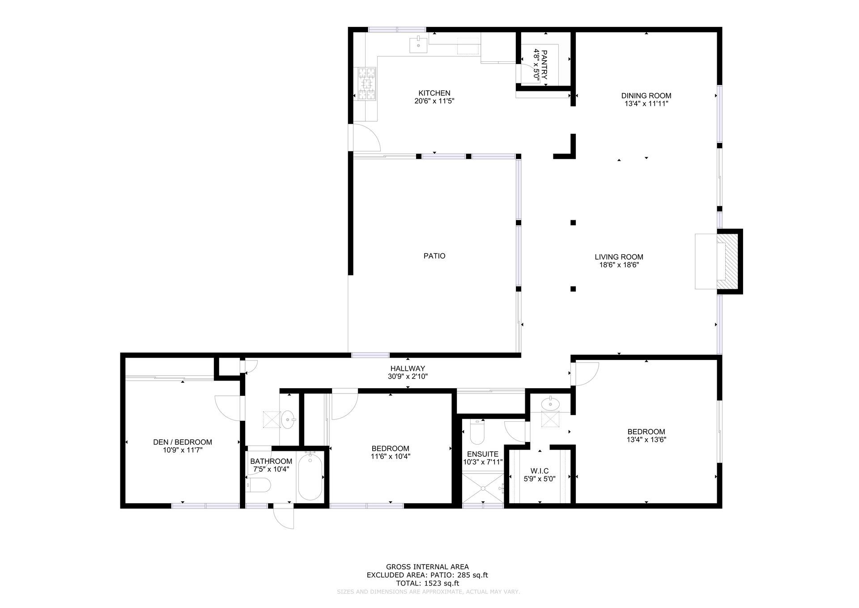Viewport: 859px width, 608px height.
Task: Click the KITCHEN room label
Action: [434, 93]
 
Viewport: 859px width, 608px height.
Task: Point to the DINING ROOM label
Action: [646, 95]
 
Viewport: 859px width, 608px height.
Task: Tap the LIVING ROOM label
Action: [619, 257]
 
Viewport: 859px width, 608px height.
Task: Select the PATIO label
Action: [434, 256]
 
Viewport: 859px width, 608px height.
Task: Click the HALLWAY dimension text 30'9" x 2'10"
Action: [408, 377]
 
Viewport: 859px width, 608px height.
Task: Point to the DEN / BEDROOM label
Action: [183, 442]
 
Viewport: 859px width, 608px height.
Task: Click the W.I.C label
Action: [539, 471]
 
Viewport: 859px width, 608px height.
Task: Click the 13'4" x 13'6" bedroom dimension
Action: [646, 440]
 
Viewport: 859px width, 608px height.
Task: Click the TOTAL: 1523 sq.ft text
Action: [427, 583]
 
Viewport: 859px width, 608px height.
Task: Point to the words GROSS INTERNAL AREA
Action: [427, 567]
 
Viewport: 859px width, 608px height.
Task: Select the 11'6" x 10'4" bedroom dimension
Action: [390, 457]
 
